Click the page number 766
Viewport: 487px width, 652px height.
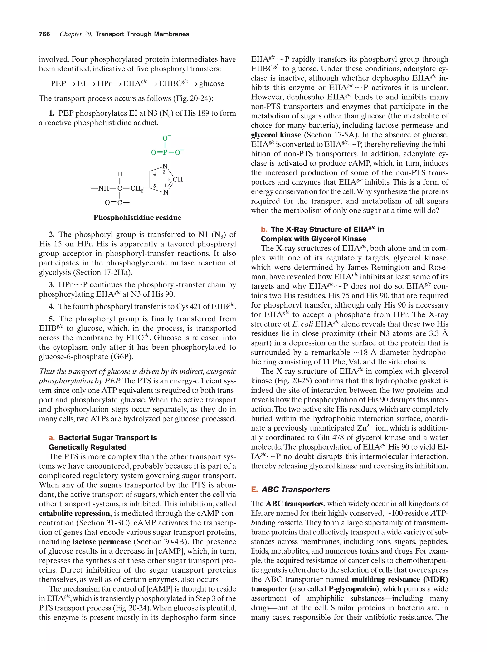click(44, 34)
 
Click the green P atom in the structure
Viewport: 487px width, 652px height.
click(165, 152)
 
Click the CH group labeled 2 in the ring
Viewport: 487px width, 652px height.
click(178, 179)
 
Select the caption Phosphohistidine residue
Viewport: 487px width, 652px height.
click(137, 217)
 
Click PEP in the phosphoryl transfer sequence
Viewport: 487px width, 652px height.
click(58, 84)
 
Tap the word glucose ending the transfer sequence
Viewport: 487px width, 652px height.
click(212, 84)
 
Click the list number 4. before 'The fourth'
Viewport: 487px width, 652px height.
click(52, 307)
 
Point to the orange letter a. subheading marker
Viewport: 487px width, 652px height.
click(52, 438)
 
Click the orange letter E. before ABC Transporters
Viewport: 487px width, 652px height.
click(254, 490)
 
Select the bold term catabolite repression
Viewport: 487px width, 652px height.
click(75, 514)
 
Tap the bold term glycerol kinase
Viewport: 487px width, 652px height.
click(276, 135)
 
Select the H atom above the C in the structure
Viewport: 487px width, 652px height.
click(120, 174)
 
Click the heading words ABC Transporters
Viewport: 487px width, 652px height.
click(296, 490)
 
